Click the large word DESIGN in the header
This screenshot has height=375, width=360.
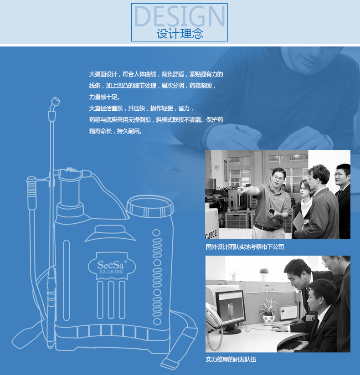pyautogui.click(x=180, y=16)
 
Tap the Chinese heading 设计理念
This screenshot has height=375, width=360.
pyautogui.click(x=180, y=34)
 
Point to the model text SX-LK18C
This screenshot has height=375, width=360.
pyautogui.click(x=111, y=272)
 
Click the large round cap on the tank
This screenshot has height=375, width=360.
pyautogui.click(x=150, y=206)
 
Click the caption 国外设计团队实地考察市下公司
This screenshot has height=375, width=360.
pyautogui.click(x=245, y=247)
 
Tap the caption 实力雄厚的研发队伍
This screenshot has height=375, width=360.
pyautogui.click(x=231, y=359)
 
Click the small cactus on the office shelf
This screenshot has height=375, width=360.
pyautogui.click(x=264, y=272)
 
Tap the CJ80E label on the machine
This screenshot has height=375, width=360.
pyautogui.click(x=211, y=234)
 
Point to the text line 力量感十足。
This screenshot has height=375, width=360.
pyautogui.click(x=104, y=97)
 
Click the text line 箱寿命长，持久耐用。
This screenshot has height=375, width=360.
pyautogui.click(x=116, y=131)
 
